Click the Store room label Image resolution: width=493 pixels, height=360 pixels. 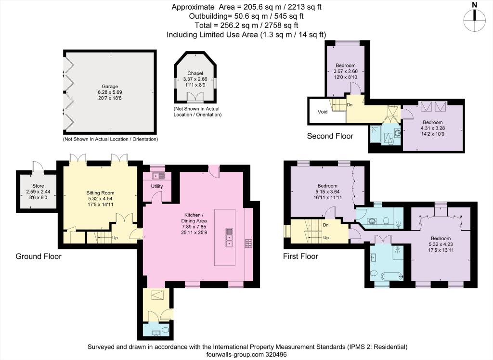[x=38, y=185]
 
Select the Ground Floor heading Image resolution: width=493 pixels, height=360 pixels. [x=39, y=257]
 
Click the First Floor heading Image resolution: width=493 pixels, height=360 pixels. [x=300, y=257]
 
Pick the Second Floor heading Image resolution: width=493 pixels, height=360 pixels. [x=330, y=136]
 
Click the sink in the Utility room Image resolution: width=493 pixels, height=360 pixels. [x=158, y=176]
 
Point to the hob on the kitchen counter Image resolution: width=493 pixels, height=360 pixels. [x=249, y=243]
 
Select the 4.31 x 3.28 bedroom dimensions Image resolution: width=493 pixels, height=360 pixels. [x=432, y=129]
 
